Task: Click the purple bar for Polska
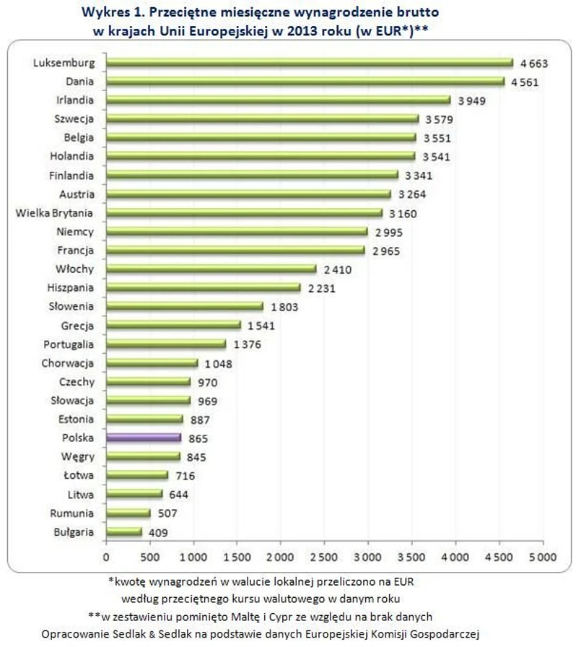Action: (143, 437)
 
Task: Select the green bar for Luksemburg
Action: (309, 63)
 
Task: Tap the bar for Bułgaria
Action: (123, 531)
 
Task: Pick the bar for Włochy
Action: (211, 269)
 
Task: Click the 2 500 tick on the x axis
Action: (323, 557)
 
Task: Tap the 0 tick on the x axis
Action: (105, 557)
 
